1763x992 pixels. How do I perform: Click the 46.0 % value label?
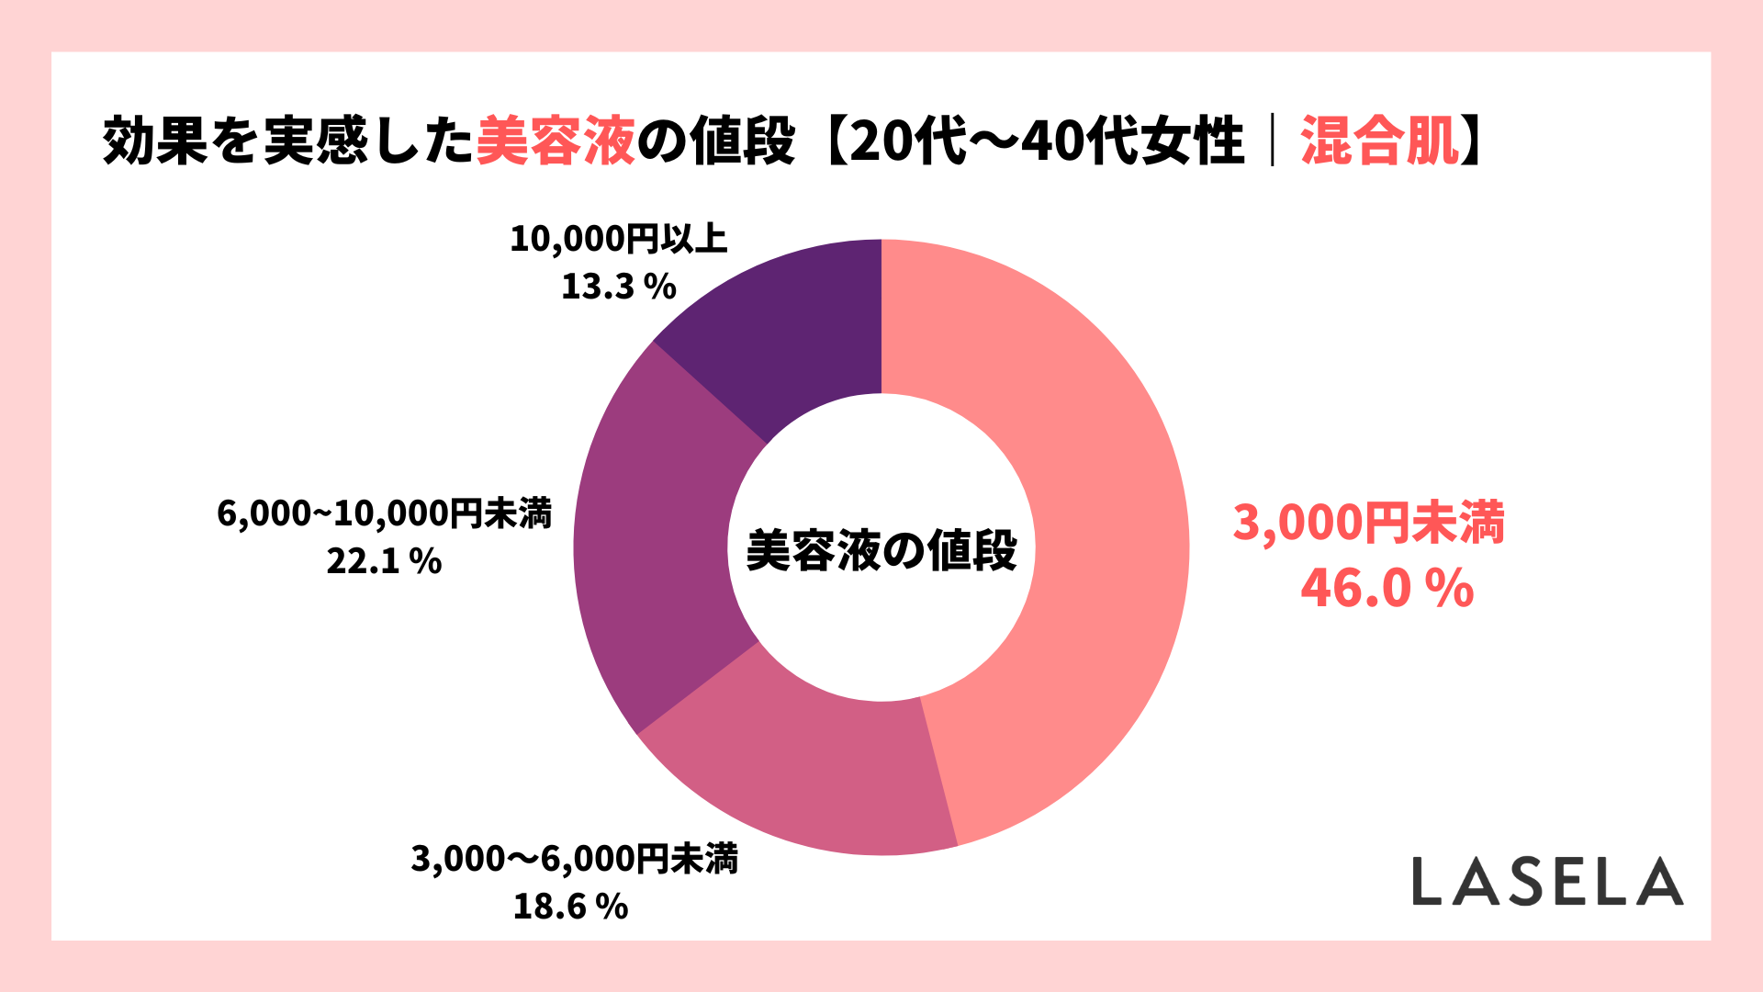pos(1387,588)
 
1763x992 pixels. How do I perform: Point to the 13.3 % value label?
pos(618,287)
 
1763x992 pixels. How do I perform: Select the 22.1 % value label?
pos(384,560)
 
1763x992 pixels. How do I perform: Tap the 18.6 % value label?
pos(570,907)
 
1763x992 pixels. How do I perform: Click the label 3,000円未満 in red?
pos(1368,522)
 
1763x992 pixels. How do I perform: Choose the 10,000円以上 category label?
pos(618,239)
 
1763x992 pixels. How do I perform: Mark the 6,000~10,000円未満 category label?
pos(384,513)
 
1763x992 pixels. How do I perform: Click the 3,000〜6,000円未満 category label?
pos(574,859)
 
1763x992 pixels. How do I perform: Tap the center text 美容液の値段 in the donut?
pos(881,550)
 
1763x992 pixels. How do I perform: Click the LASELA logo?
pos(1547,882)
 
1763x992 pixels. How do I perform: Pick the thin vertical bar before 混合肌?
pos(1273,141)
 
